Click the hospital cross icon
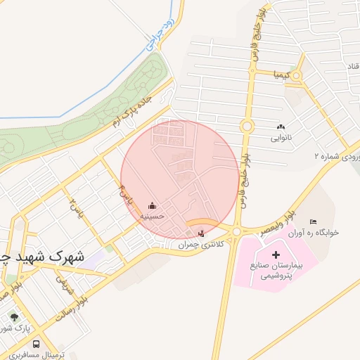pyautogui.click(x=275, y=254)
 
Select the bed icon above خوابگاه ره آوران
pyautogui.click(x=313, y=222)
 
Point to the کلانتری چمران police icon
pyautogui.click(x=203, y=233)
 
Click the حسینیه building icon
pyautogui.click(x=153, y=206)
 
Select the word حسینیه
pyautogui.click(x=153, y=217)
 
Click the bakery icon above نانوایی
pyautogui.click(x=281, y=127)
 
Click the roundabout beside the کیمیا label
pyautogui.click(x=297, y=75)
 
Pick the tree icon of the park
pyautogui.click(x=13, y=317)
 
